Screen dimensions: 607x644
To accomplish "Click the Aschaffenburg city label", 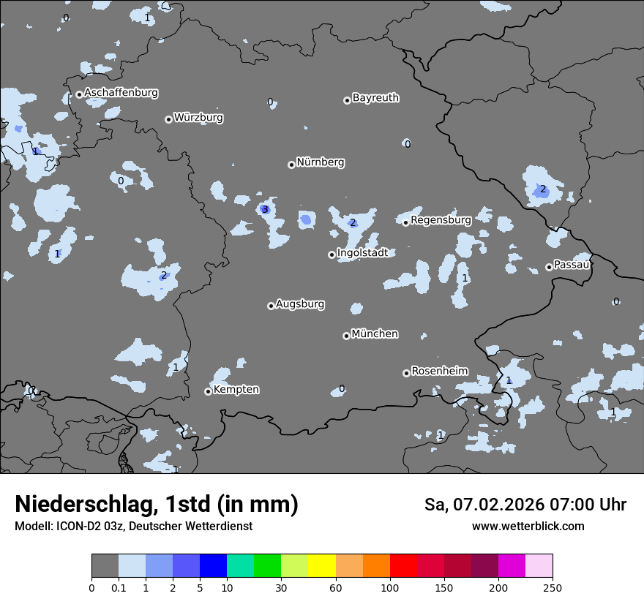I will point(121,93).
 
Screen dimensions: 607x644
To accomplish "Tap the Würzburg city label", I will point(198,118).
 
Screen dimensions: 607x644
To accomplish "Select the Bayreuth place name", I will point(375,98).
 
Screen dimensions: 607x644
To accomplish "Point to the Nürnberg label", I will point(320,162).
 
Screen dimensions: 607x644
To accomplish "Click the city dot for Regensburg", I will point(405,222).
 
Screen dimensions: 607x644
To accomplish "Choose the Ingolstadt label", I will point(362,253).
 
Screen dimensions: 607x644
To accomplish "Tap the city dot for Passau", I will point(549,267).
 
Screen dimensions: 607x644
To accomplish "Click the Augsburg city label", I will point(300,304).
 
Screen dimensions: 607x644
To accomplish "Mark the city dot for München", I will point(346,336).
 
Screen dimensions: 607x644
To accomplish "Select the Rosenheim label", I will point(439,372).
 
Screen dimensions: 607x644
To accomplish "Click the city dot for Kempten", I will point(208,391).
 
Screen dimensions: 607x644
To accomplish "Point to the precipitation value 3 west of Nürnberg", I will point(265,210).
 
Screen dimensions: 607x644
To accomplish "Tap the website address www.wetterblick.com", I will point(528,527).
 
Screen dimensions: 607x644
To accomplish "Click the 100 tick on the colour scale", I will point(389,588).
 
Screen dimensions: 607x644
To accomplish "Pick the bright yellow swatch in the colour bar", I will point(321,566).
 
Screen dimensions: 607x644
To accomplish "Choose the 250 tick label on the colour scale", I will point(553,588).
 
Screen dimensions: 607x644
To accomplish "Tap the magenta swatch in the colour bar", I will point(512,566).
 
